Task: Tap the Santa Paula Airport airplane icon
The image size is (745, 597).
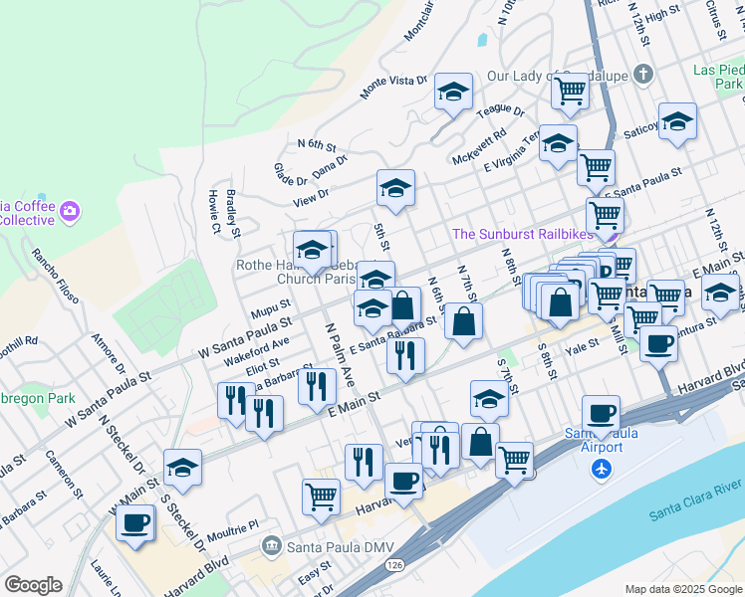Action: coord(600,469)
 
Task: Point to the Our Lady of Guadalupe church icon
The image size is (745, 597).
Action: coord(643,75)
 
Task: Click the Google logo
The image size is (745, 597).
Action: coord(33,585)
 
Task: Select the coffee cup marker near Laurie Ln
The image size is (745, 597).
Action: coord(135,522)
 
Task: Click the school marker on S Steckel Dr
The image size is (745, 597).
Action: coord(183,467)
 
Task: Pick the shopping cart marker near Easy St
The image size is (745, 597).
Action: coord(321,495)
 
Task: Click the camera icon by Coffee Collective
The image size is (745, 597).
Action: coord(69,211)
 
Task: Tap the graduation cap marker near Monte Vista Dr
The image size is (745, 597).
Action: coord(452,93)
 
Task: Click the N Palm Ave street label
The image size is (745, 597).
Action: coord(340,353)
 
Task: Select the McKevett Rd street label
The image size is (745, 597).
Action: coord(479,145)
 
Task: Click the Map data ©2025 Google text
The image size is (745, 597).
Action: coord(683,589)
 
